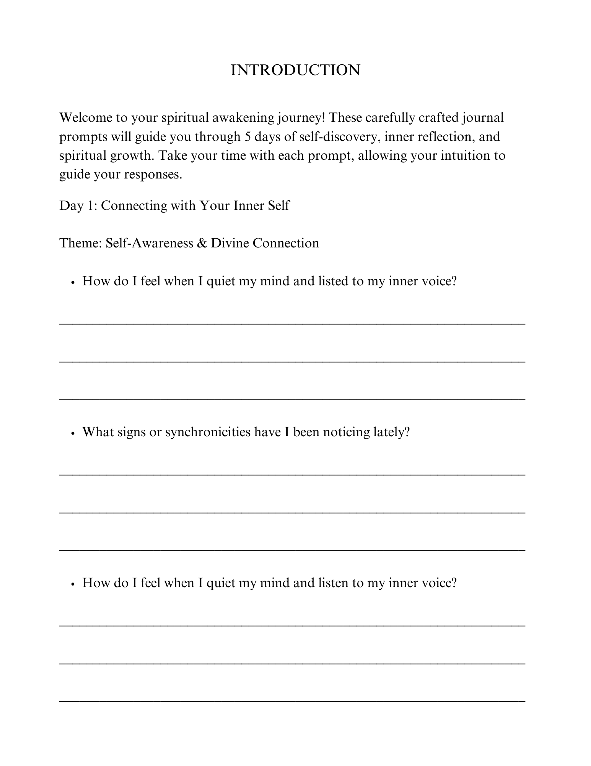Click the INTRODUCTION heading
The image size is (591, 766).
click(x=295, y=70)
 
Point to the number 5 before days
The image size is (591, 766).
click(x=247, y=137)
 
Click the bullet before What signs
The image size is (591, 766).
click(x=72, y=433)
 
